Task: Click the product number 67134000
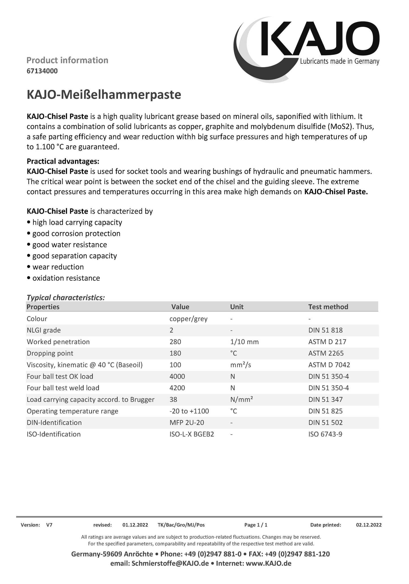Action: click(x=42, y=71)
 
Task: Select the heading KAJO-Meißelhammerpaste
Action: click(x=104, y=95)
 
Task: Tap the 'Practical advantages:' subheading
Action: click(x=63, y=161)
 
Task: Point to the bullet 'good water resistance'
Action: click(x=69, y=245)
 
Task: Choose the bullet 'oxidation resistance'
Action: click(x=66, y=278)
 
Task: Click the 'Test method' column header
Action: click(x=328, y=307)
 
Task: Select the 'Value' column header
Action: click(x=180, y=307)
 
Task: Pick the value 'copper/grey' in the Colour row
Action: click(x=188, y=319)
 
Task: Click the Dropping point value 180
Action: click(x=175, y=353)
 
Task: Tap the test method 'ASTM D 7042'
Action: click(x=329, y=365)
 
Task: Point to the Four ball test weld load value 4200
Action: click(x=177, y=388)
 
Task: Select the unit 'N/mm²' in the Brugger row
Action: click(x=241, y=399)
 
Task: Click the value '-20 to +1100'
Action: click(x=189, y=411)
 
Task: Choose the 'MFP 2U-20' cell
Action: click(x=187, y=423)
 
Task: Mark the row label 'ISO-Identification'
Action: click(x=53, y=434)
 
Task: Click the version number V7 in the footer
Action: click(x=49, y=525)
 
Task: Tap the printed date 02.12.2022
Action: click(x=369, y=525)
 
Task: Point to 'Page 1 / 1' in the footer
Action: click(x=256, y=525)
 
